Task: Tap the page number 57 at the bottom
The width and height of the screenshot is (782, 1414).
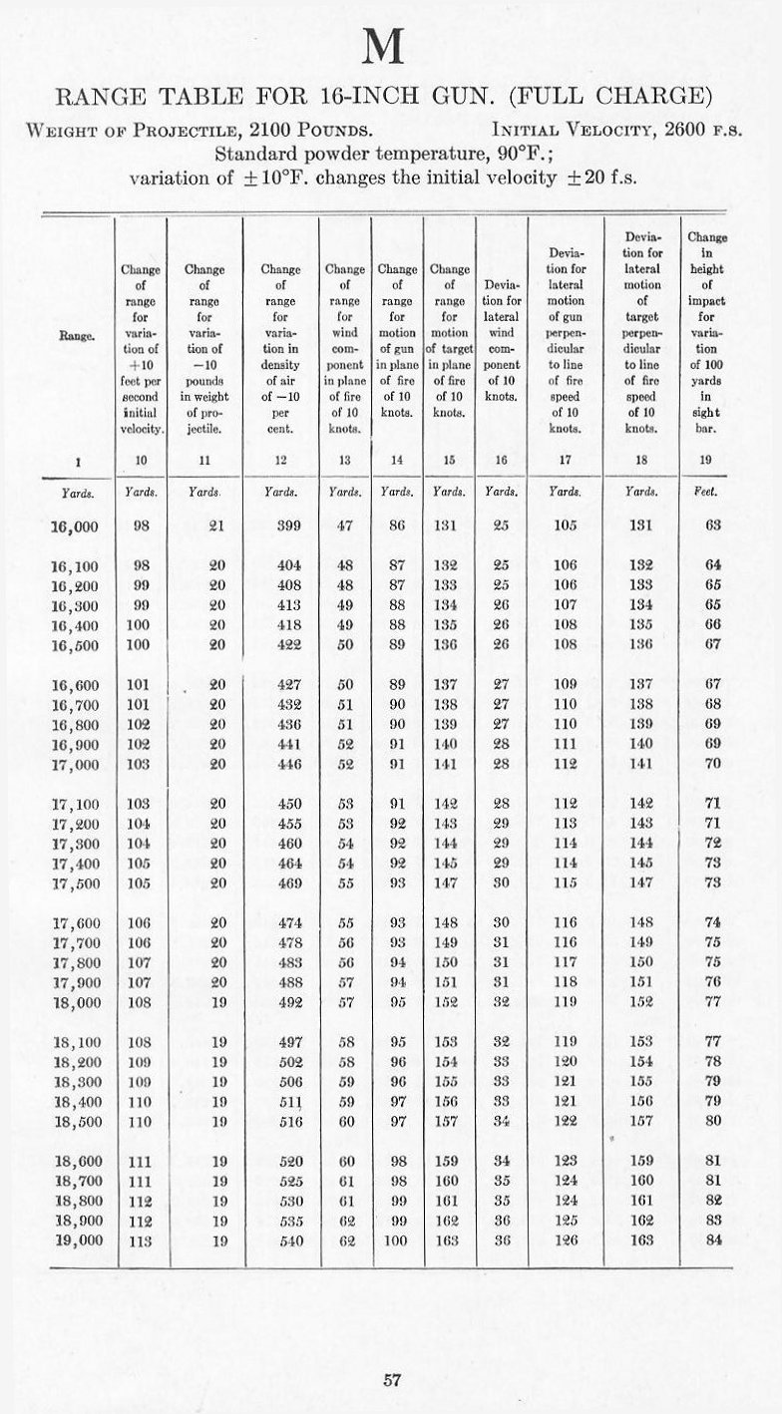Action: tap(392, 1380)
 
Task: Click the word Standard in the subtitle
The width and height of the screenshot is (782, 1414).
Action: tap(256, 155)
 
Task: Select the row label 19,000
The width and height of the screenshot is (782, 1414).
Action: tap(78, 1240)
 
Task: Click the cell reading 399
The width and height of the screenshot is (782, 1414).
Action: tap(280, 525)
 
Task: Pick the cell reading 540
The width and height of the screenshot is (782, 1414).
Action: tap(280, 1240)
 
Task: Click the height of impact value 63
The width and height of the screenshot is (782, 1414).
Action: tap(712, 525)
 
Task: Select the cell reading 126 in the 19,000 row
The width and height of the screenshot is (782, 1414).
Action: tap(566, 1240)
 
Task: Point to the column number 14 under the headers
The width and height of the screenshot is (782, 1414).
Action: tap(397, 461)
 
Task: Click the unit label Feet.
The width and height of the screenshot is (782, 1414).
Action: tap(710, 491)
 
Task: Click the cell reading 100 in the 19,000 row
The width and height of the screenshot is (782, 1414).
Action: tap(397, 1240)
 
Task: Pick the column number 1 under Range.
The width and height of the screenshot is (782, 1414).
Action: tap(77, 461)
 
